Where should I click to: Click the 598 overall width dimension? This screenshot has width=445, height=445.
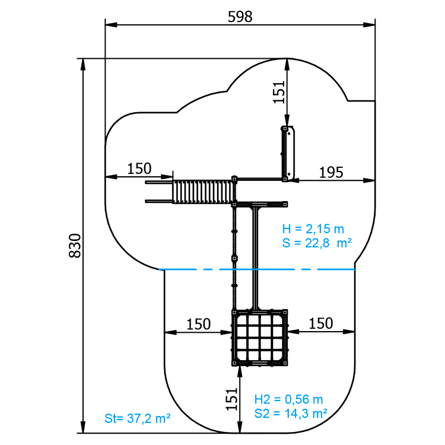240,17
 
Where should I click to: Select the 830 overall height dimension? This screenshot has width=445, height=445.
75,246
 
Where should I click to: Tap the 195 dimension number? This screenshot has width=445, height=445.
331,172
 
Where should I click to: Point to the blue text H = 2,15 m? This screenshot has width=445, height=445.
313,229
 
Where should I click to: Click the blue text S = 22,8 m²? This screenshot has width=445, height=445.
317,243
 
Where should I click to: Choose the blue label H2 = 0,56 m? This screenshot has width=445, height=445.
288,399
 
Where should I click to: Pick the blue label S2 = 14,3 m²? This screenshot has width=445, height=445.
291,414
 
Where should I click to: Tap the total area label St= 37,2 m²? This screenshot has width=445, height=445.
138,418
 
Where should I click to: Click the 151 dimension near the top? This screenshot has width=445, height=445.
279,92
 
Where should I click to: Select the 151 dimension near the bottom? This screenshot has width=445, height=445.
231,399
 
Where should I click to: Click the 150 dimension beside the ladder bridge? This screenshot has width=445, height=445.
139,169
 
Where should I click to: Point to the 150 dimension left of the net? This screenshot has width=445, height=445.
198,324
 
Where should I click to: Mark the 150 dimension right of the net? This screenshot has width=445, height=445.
320,323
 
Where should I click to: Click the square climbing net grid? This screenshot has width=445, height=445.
260,338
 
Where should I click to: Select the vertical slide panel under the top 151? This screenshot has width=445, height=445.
288,154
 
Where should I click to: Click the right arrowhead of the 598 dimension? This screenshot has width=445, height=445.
369,25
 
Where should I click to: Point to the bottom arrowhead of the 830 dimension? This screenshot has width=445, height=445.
83,427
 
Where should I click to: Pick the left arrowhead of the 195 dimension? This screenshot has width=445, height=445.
294,180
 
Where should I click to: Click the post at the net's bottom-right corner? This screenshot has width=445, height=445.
285,363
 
